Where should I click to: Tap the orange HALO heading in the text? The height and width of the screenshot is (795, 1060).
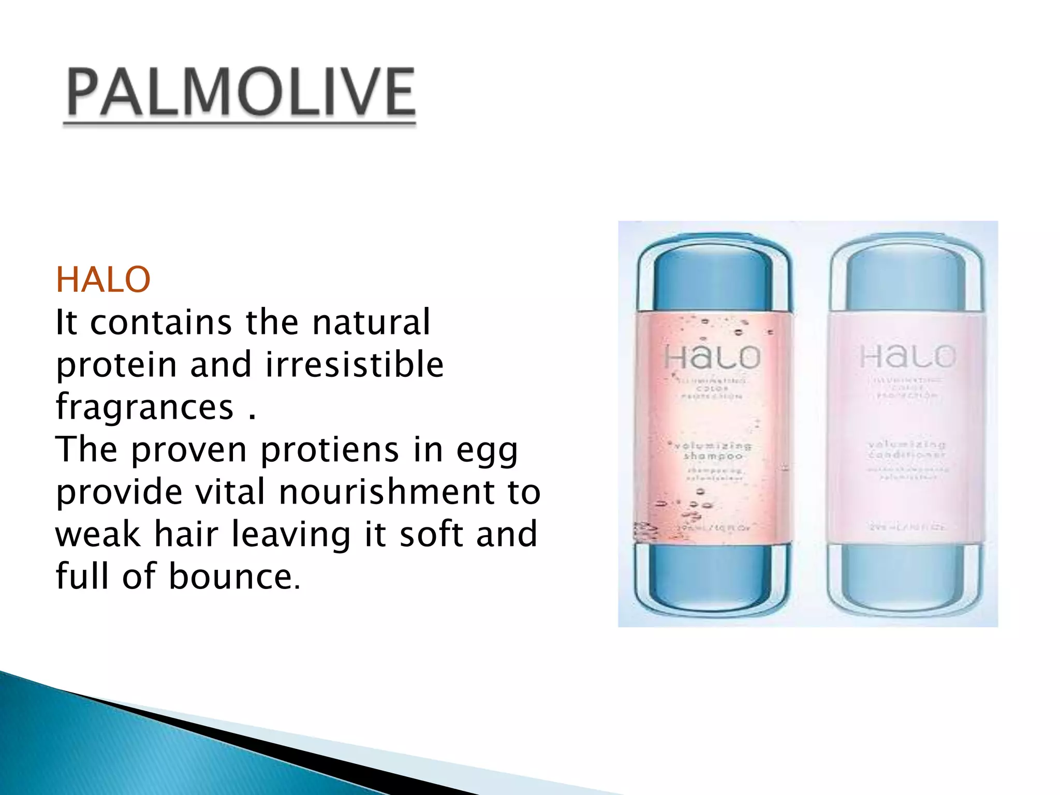coord(103,280)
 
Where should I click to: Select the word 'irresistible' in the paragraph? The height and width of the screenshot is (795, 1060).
coord(355,364)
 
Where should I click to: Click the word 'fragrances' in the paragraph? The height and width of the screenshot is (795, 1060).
coord(145,407)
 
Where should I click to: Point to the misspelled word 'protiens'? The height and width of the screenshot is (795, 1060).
coord(330,449)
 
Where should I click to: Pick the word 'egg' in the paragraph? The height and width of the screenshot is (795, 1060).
coord(487,451)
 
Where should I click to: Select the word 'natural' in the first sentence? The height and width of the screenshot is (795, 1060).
coord(371,322)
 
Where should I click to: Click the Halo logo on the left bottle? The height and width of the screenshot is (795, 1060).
coord(712,357)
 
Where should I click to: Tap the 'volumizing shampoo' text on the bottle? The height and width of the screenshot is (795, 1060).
coord(713,451)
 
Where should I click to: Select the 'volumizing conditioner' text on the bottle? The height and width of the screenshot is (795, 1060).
coord(907,449)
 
